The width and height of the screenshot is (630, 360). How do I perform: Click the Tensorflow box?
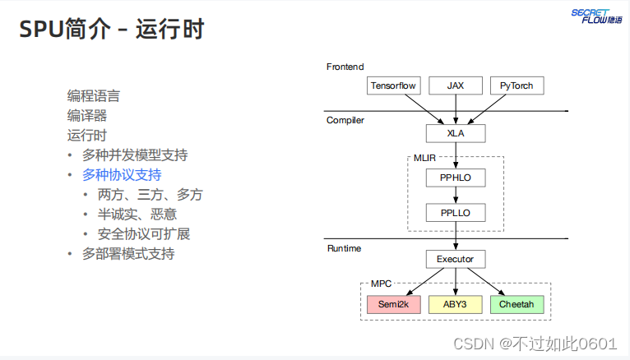[x=393, y=85]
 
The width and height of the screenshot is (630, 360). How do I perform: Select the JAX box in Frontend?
[x=455, y=85]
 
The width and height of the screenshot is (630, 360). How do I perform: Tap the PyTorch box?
[x=517, y=85]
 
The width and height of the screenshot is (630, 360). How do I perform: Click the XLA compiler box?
[x=455, y=132]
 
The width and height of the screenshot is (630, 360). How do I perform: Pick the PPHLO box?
[x=455, y=178]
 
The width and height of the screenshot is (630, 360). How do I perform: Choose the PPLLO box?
[x=455, y=214]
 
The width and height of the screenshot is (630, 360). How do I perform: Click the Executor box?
[x=455, y=259]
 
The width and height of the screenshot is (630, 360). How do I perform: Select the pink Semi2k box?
[x=393, y=305]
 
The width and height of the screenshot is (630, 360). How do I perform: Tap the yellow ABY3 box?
[x=455, y=305]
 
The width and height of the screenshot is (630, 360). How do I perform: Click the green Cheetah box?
[x=517, y=305]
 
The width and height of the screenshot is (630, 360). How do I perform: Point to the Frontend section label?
[x=345, y=67]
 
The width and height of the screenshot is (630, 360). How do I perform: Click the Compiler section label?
[x=345, y=120]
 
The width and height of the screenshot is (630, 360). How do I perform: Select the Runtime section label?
[x=344, y=247]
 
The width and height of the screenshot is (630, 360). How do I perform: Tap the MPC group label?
[x=381, y=284]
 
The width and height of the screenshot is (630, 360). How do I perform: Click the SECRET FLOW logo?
[x=597, y=16]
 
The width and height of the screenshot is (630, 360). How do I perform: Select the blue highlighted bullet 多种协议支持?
[x=122, y=174]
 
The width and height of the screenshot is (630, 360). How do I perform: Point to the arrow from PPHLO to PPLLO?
[x=455, y=196]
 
